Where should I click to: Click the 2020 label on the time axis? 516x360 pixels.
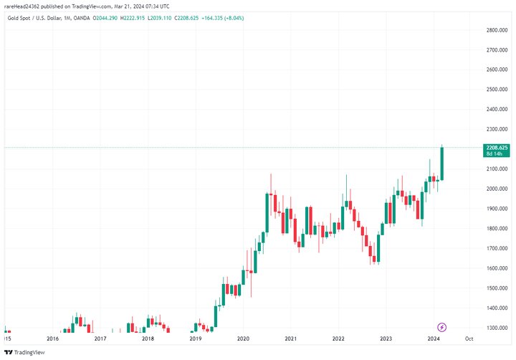click(x=243, y=338)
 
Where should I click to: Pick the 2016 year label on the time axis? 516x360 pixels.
click(x=52, y=338)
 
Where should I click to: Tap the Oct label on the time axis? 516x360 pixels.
click(x=469, y=338)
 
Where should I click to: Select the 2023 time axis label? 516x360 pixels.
click(x=386, y=338)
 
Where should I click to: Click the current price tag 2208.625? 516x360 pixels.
click(x=496, y=147)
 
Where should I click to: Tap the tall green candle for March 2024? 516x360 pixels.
click(x=442, y=164)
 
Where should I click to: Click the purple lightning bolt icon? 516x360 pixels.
click(x=442, y=327)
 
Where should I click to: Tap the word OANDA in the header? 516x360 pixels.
click(x=81, y=18)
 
